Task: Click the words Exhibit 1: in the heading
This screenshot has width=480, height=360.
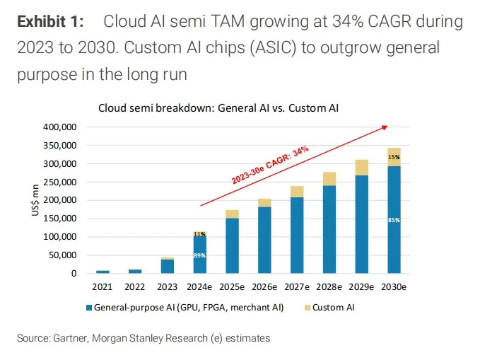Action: (50, 22)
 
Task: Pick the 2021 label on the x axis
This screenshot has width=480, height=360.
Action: (103, 286)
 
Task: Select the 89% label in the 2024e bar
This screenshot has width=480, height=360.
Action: (199, 255)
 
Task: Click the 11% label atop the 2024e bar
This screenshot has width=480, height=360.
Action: (199, 233)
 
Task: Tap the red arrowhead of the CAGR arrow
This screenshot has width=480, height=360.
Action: (384, 127)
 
